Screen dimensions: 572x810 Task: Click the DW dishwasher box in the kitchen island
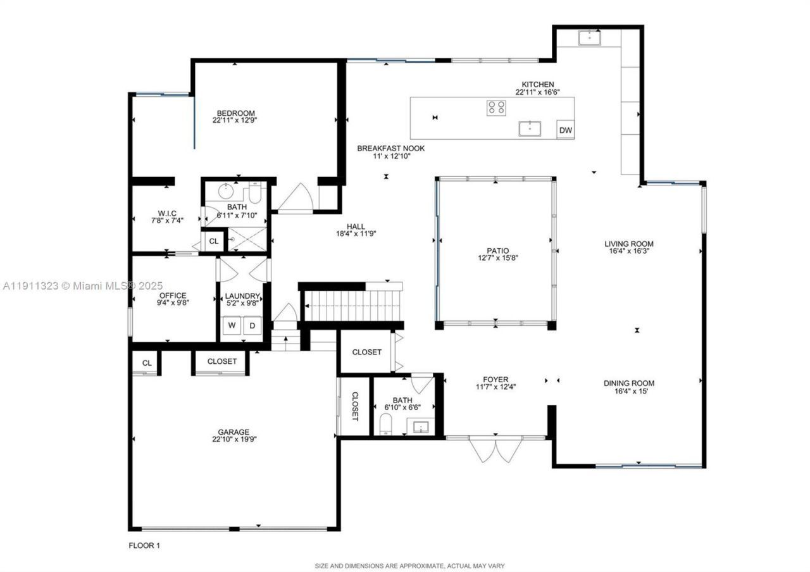pyautogui.click(x=566, y=131)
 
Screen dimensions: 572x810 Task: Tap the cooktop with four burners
pyautogui.click(x=496, y=108)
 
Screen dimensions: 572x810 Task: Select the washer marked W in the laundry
pyautogui.click(x=232, y=326)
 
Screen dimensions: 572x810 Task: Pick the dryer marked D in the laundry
pyautogui.click(x=251, y=326)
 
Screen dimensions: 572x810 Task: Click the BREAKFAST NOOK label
pyautogui.click(x=390, y=149)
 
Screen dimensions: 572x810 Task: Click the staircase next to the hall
pyautogui.click(x=351, y=306)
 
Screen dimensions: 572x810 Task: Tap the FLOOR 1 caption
pyautogui.click(x=144, y=545)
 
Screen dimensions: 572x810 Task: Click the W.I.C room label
pyautogui.click(x=167, y=213)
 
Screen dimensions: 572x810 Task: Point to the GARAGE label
pyautogui.click(x=234, y=432)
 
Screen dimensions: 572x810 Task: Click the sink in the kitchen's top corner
pyautogui.click(x=590, y=38)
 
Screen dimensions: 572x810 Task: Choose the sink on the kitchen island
pyautogui.click(x=529, y=128)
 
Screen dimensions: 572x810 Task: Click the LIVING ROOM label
pyautogui.click(x=628, y=244)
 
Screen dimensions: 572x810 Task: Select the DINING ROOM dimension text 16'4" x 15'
pyautogui.click(x=628, y=392)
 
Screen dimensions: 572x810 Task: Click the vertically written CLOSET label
pyautogui.click(x=354, y=406)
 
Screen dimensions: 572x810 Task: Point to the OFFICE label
pyautogui.click(x=172, y=295)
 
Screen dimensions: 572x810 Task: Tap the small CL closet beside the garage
pyautogui.click(x=147, y=363)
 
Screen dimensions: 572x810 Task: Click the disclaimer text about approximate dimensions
pyautogui.click(x=409, y=566)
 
